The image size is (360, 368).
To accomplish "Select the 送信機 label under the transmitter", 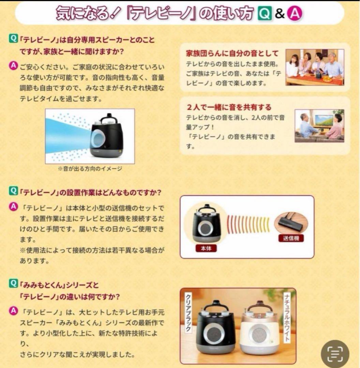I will click(291, 238).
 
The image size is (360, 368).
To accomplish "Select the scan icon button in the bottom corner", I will click(335, 354).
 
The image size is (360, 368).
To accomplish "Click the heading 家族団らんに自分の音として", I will click(232, 53).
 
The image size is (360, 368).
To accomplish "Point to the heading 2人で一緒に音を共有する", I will click(229, 107).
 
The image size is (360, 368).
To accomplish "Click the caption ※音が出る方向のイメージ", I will click(90, 168).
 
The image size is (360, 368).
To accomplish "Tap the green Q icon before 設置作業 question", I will click(13, 191).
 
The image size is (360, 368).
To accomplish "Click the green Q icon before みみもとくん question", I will click(13, 283).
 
